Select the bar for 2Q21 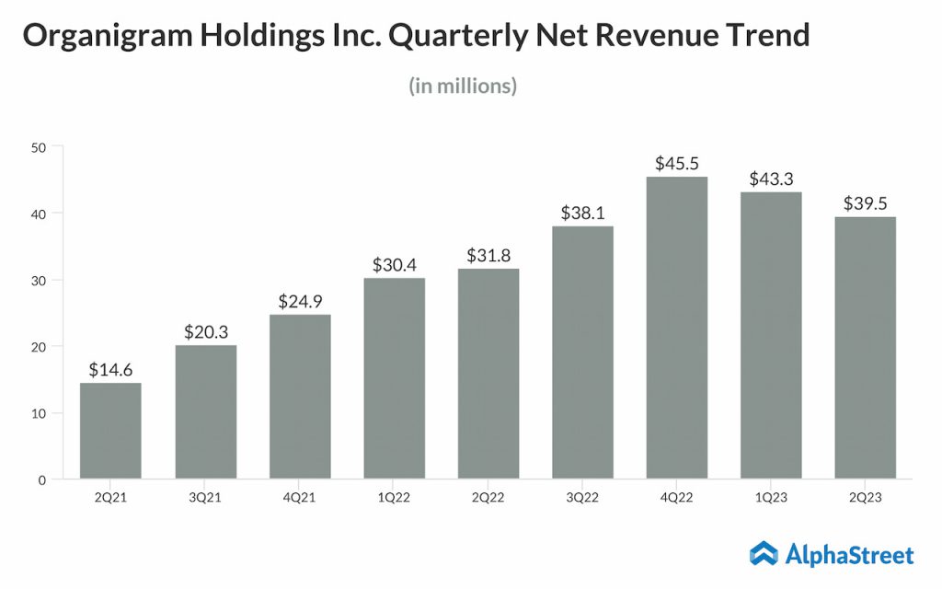110,431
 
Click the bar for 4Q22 676,328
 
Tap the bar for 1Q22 394,377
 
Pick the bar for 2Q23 865,348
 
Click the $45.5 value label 676,163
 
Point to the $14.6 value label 110,369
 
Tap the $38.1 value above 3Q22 582,213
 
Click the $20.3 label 205,331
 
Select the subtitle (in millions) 463,87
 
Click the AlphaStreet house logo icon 764,553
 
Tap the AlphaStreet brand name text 849,554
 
